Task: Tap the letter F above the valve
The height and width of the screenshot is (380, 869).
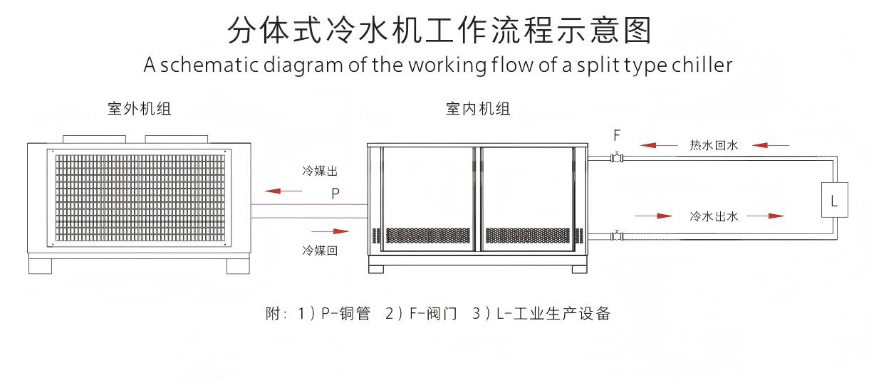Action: (617, 134)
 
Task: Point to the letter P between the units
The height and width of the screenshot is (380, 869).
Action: (335, 193)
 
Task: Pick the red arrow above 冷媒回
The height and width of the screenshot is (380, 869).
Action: (331, 231)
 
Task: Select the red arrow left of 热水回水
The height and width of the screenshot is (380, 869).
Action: (659, 145)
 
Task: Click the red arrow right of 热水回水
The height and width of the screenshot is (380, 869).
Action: (770, 145)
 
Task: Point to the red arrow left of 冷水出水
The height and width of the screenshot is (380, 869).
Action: (654, 216)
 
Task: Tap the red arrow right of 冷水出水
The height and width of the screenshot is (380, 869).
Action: (766, 216)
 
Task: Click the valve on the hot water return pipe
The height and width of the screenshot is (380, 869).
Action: (617, 157)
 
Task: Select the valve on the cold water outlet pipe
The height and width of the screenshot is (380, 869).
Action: (617, 235)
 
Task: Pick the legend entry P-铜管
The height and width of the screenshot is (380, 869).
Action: (345, 314)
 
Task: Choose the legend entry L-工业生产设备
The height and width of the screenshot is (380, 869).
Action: (551, 314)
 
